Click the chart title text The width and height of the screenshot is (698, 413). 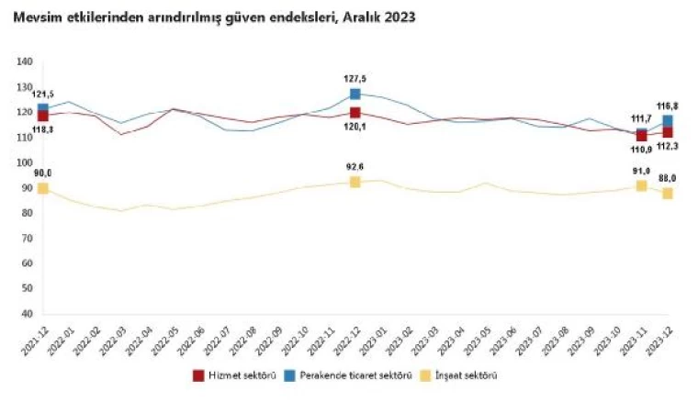[x=212, y=17]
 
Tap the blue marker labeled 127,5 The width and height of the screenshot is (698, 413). [x=355, y=94]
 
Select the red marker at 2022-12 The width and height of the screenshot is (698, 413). [x=355, y=112]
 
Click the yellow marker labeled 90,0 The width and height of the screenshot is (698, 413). [x=42, y=188]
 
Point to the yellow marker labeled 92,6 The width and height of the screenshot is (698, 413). [x=355, y=182]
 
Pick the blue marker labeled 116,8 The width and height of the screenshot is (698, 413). [x=668, y=120]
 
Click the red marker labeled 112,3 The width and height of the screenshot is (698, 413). [x=668, y=132]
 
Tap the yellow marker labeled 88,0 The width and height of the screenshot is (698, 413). [x=668, y=193]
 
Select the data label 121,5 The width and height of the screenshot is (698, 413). [x=42, y=95]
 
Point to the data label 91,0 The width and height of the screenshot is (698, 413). [x=640, y=171]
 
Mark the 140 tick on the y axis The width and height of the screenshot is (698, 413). [x=25, y=62]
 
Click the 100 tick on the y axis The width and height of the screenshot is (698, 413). [x=25, y=162]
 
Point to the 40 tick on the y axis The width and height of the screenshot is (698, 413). [x=27, y=313]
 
